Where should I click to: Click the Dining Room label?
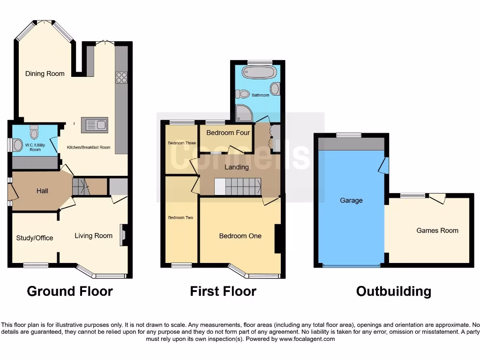point(45,74)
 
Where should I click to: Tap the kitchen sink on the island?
point(95,125)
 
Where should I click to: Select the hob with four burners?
point(121,76)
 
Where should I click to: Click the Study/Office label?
point(35,238)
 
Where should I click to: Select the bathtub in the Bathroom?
point(259,73)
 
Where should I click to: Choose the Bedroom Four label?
point(228,133)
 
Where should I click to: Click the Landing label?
point(236,167)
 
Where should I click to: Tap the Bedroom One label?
point(240,236)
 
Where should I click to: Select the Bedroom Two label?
point(180,217)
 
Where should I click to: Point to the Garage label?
point(351,200)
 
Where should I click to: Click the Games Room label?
point(437,230)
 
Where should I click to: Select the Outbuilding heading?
point(393,291)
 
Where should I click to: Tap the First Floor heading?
point(223,291)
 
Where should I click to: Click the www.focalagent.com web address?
point(307,339)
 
